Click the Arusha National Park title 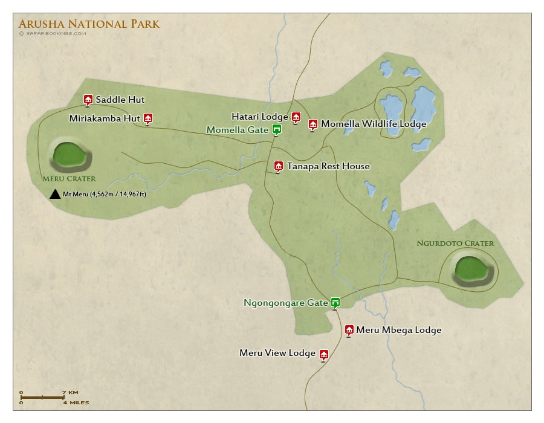[89, 24]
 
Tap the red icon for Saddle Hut [88, 100]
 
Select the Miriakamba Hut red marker [148, 118]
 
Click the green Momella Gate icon [276, 129]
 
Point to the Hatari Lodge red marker [296, 117]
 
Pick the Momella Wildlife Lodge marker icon [312, 124]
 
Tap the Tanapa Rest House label [328, 166]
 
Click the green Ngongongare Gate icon [335, 302]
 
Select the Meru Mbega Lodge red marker [349, 329]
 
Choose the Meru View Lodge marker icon [323, 354]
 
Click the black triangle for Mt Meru [54, 194]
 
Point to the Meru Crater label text [69, 179]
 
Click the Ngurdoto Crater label [455, 244]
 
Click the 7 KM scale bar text [69, 392]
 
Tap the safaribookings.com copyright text [53, 34]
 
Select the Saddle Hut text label [120, 100]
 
